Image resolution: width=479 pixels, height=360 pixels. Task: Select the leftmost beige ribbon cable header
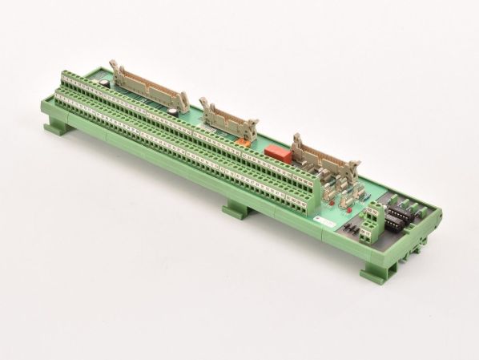(x=149, y=87)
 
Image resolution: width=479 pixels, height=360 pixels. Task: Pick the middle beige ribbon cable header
(x=229, y=116)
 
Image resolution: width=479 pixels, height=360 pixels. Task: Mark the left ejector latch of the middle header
(x=205, y=104)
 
